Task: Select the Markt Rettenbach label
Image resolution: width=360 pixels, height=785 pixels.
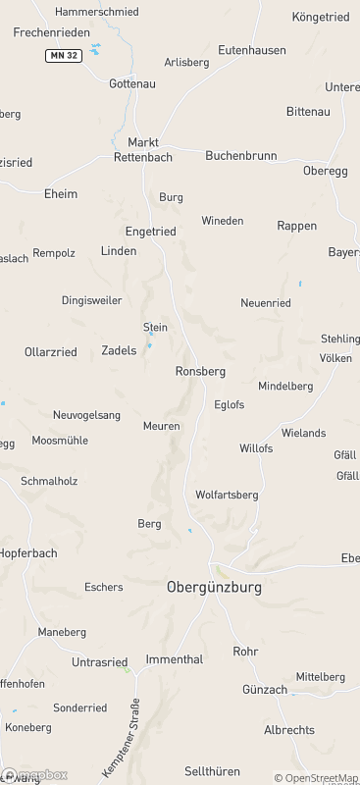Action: coord(143,149)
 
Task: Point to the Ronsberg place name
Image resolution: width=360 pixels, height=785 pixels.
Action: coord(200,372)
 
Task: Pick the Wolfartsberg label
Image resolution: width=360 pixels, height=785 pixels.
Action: coord(227,495)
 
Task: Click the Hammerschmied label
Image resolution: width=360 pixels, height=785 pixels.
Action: coord(97,12)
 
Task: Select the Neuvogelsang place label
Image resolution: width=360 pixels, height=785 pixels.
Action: coord(86,415)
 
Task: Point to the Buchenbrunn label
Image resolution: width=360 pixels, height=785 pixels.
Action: coord(240,156)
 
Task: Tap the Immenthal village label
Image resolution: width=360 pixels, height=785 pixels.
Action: coord(175,659)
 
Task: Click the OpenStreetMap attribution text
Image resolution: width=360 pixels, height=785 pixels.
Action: coord(316,778)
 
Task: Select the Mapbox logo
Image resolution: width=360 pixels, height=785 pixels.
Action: coord(35,775)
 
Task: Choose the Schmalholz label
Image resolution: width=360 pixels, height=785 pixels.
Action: coord(49,481)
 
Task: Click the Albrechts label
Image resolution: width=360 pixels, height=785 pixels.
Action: coord(289,730)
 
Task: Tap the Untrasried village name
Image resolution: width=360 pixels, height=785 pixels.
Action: coord(102,662)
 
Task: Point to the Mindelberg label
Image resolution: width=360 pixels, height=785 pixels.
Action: coord(285,387)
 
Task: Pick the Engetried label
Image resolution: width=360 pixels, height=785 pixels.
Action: coord(151,232)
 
